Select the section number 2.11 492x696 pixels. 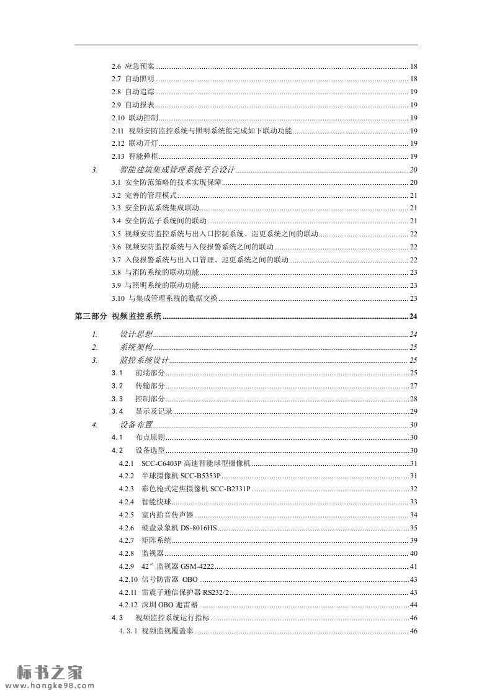coord(118,131)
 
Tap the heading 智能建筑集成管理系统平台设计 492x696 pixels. coord(177,169)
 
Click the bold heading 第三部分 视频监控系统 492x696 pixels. coord(118,316)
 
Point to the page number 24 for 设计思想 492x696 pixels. coord(413,334)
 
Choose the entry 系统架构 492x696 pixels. coord(136,347)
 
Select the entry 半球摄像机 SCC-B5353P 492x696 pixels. coord(181,476)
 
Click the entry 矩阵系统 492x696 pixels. coord(156,541)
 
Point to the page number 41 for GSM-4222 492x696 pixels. coord(413,566)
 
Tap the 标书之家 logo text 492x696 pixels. coord(49,671)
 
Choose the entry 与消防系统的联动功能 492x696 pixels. coord(162,272)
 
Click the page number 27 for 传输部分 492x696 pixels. coord(413,386)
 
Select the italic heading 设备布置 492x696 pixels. coord(136,425)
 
